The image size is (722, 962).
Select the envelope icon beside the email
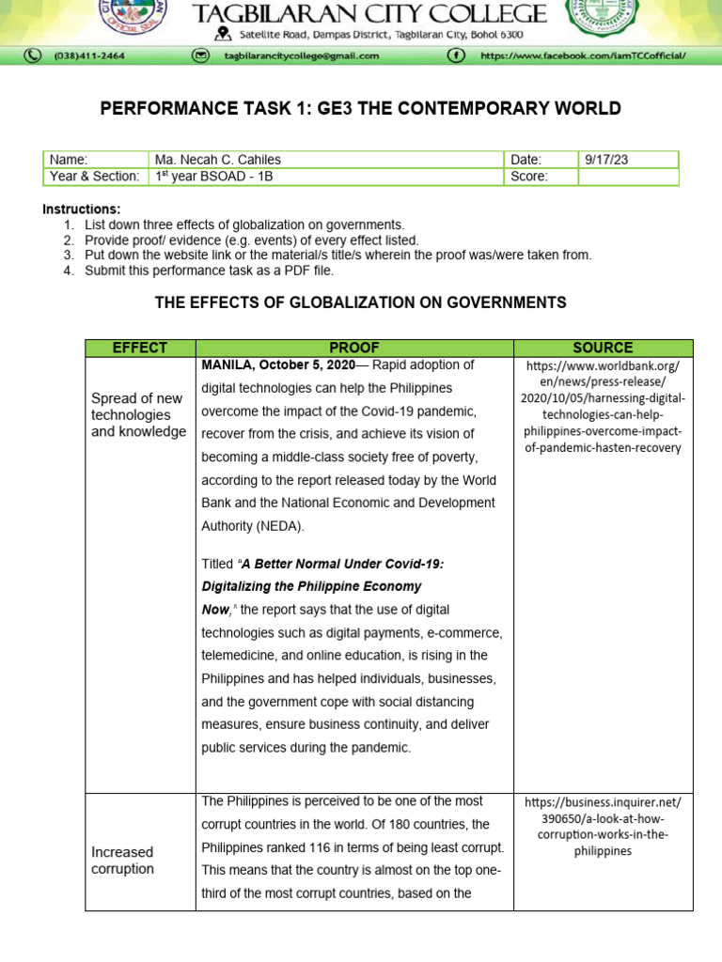[199, 55]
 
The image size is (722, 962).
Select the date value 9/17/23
[605, 160]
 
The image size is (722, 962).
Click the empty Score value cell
[627, 177]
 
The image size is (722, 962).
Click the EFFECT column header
[140, 348]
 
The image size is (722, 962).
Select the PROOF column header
[354, 348]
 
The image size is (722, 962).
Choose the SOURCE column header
[603, 348]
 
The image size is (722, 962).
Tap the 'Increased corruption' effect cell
[123, 861]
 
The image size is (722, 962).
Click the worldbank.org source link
[603, 406]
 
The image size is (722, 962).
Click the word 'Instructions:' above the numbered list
[82, 209]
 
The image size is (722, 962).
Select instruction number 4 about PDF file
[209, 271]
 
